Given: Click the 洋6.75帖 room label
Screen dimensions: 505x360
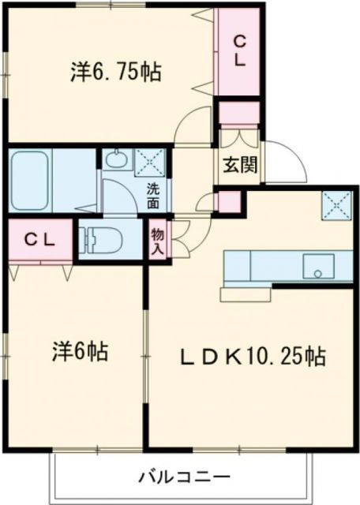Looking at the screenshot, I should pos(115,73).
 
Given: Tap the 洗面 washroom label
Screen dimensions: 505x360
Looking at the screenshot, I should pos(153,196).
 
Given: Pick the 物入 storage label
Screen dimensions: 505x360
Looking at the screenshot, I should pos(158,240).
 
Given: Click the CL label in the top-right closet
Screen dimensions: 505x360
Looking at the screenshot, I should pos(238,49).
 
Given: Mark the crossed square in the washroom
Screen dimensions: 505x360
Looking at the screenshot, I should pos(148,161).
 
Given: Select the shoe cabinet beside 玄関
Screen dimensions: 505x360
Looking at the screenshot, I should pos(238,115).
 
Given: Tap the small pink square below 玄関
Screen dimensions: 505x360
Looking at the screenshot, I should pos(230,201).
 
